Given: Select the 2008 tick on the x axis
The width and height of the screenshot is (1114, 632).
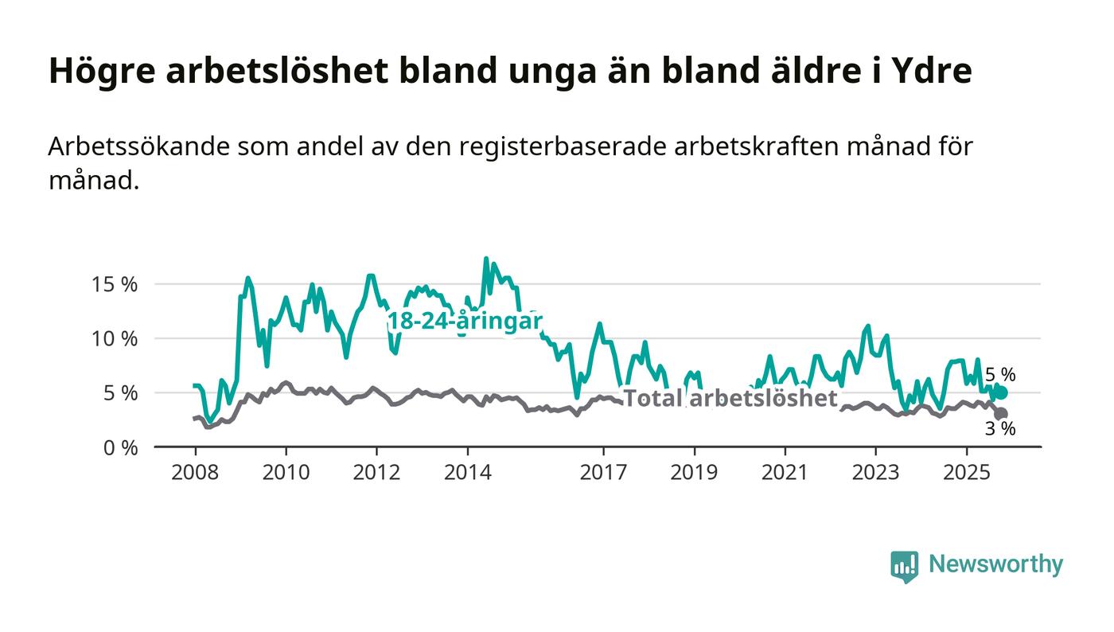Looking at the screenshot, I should point(195,473).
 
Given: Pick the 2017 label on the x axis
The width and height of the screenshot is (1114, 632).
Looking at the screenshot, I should point(604,473).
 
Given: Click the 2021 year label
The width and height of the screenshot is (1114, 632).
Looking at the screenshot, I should point(785,473).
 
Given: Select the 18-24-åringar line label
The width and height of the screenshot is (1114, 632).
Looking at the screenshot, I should point(465,322).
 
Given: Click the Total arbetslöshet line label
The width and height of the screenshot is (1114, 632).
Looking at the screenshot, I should point(730,398).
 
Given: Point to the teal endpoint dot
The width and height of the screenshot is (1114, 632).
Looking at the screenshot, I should point(1001,392).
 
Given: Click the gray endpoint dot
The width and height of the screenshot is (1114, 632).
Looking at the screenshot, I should point(1001,414).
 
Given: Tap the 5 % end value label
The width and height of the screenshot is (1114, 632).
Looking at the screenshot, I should point(1000,374).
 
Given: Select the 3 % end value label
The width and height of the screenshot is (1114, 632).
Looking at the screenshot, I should point(1000,429).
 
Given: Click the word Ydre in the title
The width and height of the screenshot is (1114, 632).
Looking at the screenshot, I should point(933,71).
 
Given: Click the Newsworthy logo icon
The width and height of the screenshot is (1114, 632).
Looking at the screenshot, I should point(904,566).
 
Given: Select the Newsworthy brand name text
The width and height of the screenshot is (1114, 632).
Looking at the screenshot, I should point(995,564).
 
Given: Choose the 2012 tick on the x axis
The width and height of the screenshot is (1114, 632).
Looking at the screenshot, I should point(376,473).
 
